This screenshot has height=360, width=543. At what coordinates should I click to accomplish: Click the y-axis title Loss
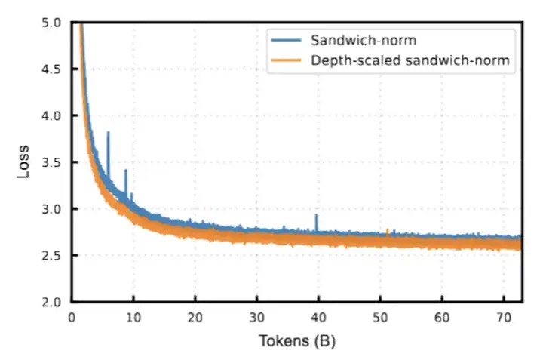24,162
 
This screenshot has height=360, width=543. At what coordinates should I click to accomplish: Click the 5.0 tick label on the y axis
51,23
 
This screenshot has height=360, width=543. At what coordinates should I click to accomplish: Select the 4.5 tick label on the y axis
51,69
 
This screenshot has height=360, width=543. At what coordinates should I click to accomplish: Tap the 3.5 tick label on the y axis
51,162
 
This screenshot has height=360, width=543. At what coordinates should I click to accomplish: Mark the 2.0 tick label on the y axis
51,302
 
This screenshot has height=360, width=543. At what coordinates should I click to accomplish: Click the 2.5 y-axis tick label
51,255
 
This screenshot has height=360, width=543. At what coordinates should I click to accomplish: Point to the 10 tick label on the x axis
133,318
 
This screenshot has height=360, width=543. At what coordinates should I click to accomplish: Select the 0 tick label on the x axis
72,318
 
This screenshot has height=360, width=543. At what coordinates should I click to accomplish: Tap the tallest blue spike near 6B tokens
109,134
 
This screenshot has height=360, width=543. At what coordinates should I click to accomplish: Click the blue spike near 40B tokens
317,217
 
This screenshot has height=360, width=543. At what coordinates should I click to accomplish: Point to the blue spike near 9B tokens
126,171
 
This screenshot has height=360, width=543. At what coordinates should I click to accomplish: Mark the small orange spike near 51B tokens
388,229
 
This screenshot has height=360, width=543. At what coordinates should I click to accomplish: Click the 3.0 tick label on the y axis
51,209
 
